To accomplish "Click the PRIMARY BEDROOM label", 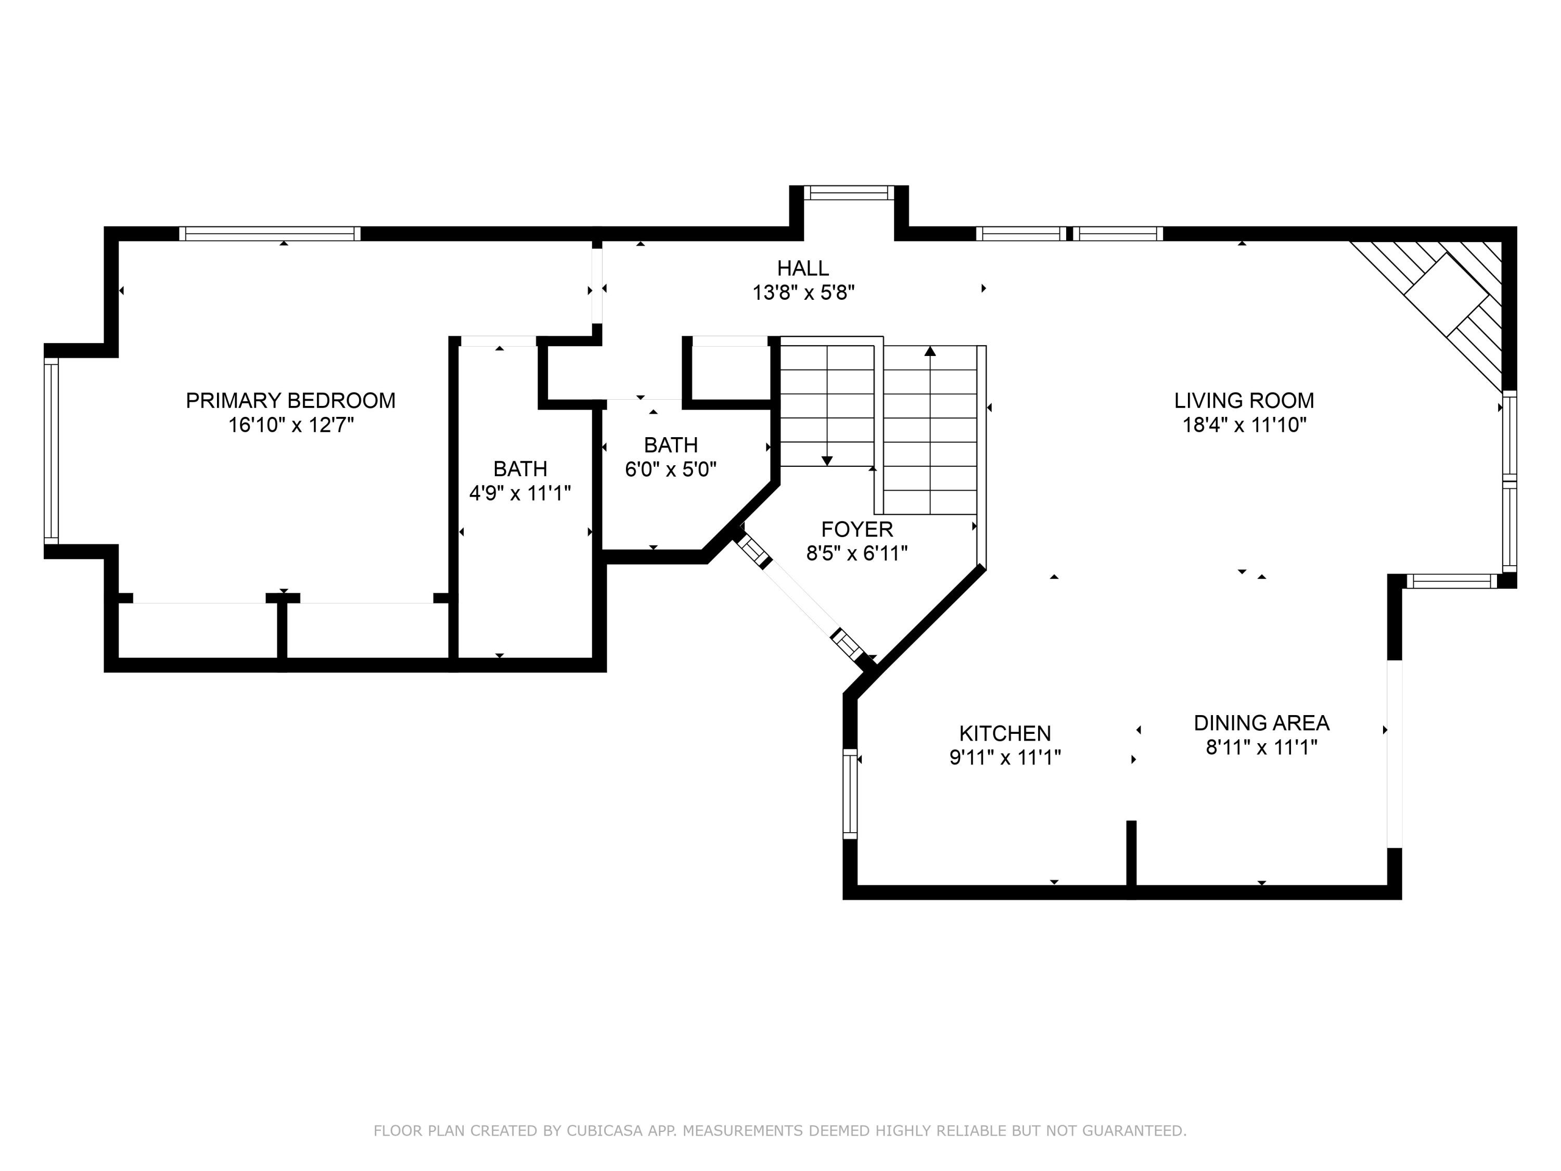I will tap(290, 400).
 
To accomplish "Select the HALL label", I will tap(802, 268).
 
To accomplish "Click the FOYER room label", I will tap(856, 529).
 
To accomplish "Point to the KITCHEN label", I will tap(1005, 733).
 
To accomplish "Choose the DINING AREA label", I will tap(1261, 723).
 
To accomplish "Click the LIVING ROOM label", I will tap(1244, 400).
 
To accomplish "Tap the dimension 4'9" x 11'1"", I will tap(520, 493).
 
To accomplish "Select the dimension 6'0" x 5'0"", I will tap(670, 469).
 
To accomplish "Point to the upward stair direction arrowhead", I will tap(930, 351).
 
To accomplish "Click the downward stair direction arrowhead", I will tap(827, 461).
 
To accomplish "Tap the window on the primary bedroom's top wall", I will tap(270, 234).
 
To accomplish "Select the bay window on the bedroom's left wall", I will tap(51, 451).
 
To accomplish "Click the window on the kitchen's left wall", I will tap(850, 794).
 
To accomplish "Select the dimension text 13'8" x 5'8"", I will tap(803, 292).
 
